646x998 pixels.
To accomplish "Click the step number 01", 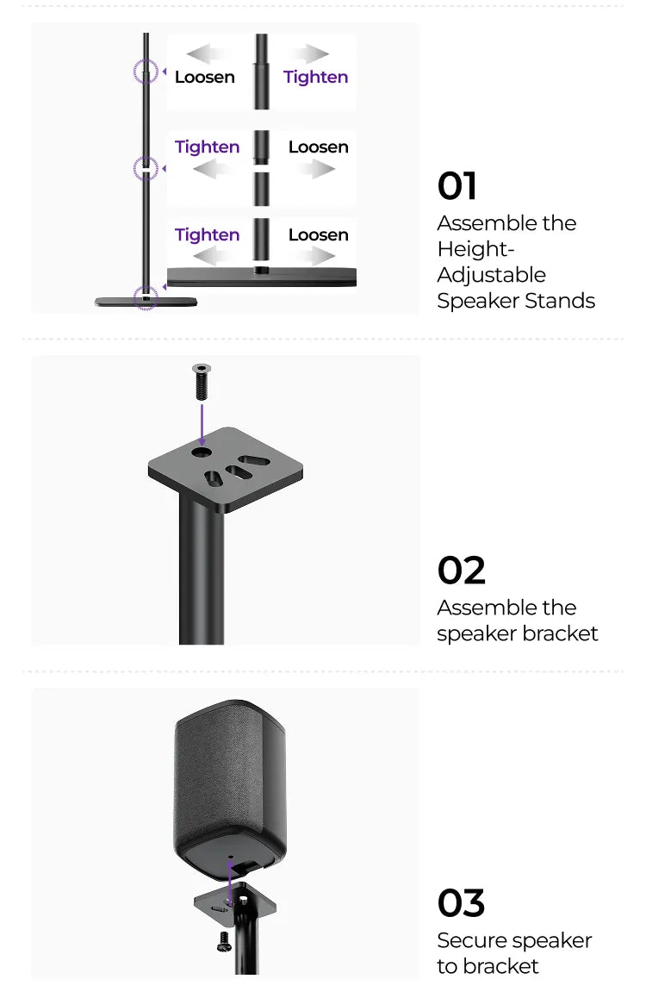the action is tap(457, 186).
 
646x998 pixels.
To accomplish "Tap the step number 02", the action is tap(461, 571).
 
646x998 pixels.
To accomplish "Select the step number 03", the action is tap(461, 903).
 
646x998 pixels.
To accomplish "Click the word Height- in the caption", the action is tap(475, 250).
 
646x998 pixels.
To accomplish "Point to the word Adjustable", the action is tap(492, 275).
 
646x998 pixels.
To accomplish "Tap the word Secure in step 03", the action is tap(471, 941).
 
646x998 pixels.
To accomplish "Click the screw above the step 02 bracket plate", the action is tap(202, 381).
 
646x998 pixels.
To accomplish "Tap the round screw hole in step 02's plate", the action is tap(202, 453).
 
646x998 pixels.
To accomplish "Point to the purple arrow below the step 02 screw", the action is tap(202, 425).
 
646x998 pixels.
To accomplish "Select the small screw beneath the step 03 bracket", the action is tap(225, 941).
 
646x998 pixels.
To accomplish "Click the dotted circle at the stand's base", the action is tap(146, 297).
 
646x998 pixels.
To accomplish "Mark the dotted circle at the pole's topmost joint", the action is tap(146, 72).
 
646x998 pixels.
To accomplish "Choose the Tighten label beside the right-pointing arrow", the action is tap(315, 78).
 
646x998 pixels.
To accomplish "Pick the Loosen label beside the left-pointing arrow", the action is tap(205, 77).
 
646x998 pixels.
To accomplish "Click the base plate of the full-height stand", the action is tap(146, 302).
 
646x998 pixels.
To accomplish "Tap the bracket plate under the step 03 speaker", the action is tap(235, 902).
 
